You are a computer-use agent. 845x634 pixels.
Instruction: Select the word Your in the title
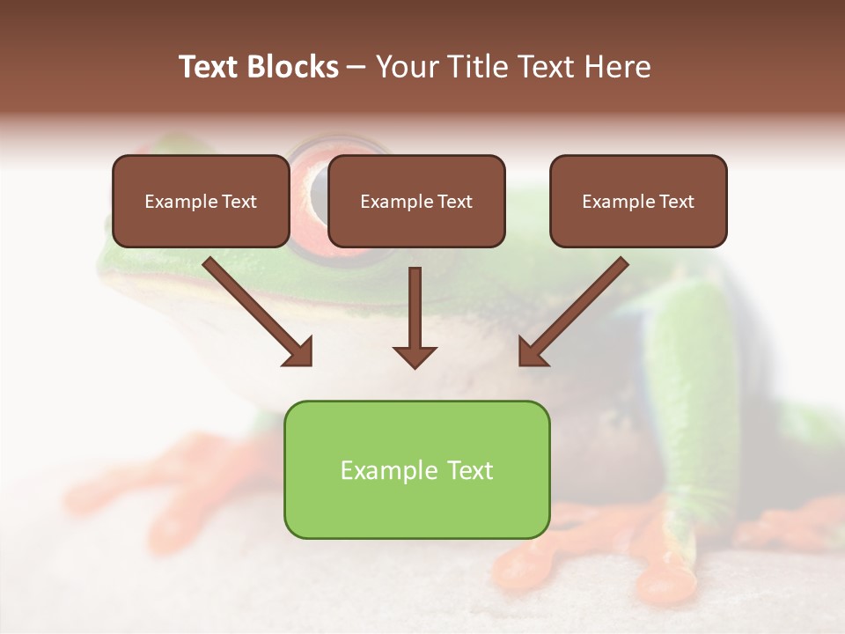click(406, 67)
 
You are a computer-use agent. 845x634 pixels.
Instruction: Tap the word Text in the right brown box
click(677, 202)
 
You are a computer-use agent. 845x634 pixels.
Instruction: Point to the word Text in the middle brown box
click(455, 202)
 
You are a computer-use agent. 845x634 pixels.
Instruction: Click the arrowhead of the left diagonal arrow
click(298, 351)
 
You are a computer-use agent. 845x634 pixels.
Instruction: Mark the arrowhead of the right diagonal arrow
click(532, 351)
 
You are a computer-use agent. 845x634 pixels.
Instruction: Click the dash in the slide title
click(356, 68)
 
